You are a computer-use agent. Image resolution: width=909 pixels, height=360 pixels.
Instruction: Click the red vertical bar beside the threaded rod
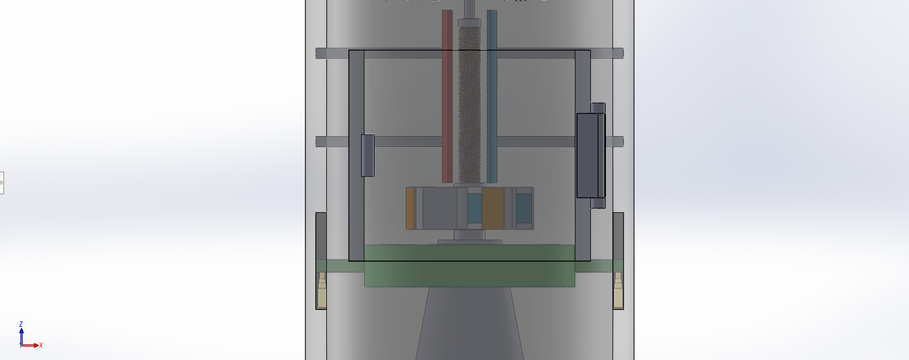[447, 96]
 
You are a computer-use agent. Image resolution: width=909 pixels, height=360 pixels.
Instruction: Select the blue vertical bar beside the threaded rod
[492, 96]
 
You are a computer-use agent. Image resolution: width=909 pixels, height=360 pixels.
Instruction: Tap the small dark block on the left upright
[368, 155]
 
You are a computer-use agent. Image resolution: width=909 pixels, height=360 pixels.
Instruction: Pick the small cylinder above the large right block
[598, 108]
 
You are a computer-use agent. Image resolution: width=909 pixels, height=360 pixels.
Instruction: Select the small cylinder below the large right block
[598, 203]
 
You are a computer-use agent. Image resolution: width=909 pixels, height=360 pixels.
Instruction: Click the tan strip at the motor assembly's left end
[410, 208]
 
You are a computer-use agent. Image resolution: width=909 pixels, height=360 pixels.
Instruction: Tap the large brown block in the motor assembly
[493, 208]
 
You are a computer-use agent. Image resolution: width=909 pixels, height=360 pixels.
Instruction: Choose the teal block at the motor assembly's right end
[524, 208]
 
